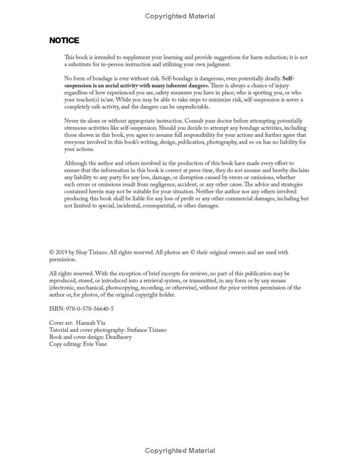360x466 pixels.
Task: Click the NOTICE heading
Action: tap(64, 41)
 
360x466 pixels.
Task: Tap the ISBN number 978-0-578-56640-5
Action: tap(89, 309)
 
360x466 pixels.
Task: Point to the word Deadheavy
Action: tap(118, 337)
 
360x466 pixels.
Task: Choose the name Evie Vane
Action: tap(95, 344)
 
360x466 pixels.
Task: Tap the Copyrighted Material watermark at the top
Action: tap(180, 16)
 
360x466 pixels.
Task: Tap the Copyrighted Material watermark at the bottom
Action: tap(180, 451)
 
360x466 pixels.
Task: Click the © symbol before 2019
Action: tap(52, 253)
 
